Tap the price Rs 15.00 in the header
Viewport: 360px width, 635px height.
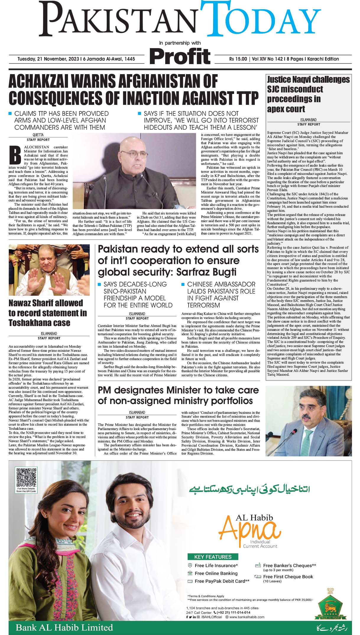(238, 59)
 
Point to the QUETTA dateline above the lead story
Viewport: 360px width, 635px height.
(38, 135)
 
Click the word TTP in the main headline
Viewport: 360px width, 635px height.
(243, 98)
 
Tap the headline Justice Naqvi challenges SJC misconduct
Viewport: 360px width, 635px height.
(308, 94)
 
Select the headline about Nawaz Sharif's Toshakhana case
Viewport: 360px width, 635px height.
(48, 313)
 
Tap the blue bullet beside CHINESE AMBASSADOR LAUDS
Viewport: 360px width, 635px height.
(183, 284)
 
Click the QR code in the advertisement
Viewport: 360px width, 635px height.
(26, 478)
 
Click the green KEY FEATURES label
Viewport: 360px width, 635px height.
(213, 557)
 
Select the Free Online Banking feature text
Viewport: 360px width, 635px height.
(216, 573)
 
